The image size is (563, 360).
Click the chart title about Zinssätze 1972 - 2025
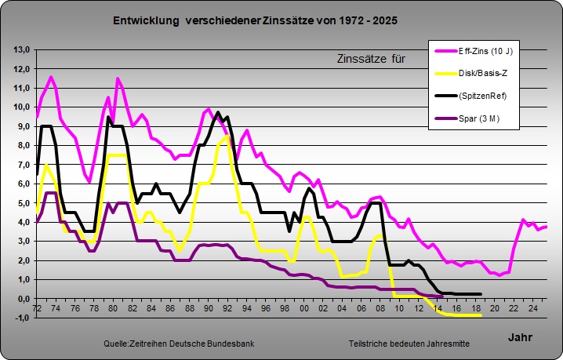(x=254, y=20)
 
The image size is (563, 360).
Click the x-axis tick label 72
(x=36, y=308)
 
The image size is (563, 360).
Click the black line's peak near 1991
(x=217, y=112)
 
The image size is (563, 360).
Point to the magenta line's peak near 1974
(x=51, y=77)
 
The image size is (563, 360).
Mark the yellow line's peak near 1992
(x=227, y=136)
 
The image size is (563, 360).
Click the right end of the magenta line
(x=547, y=226)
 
